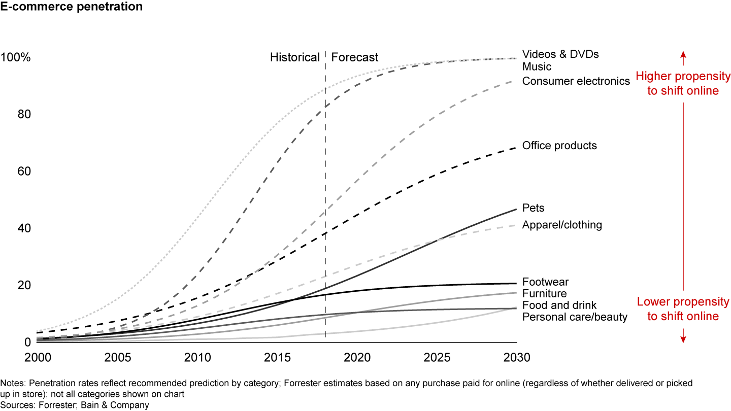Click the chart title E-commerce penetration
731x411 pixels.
(71, 7)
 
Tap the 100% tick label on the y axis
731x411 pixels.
(16, 58)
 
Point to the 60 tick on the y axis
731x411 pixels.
(24, 172)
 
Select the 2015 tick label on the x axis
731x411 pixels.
(277, 357)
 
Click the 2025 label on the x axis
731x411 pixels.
(437, 357)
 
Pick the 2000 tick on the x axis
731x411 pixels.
(38, 357)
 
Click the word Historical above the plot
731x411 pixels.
(294, 57)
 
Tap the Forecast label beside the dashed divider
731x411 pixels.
(355, 57)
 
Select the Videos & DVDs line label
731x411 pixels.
(560, 54)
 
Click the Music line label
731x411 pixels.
(537, 66)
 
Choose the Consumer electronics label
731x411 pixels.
(576, 81)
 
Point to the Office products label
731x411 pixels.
(559, 146)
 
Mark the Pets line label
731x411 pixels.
(533, 208)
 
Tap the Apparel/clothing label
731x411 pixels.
(562, 225)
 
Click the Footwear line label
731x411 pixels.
(545, 282)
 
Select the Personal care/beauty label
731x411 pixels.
(575, 317)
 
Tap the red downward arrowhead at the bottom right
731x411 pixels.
(683, 339)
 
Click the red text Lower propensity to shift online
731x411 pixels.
(683, 309)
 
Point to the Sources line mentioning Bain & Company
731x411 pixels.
(75, 405)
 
